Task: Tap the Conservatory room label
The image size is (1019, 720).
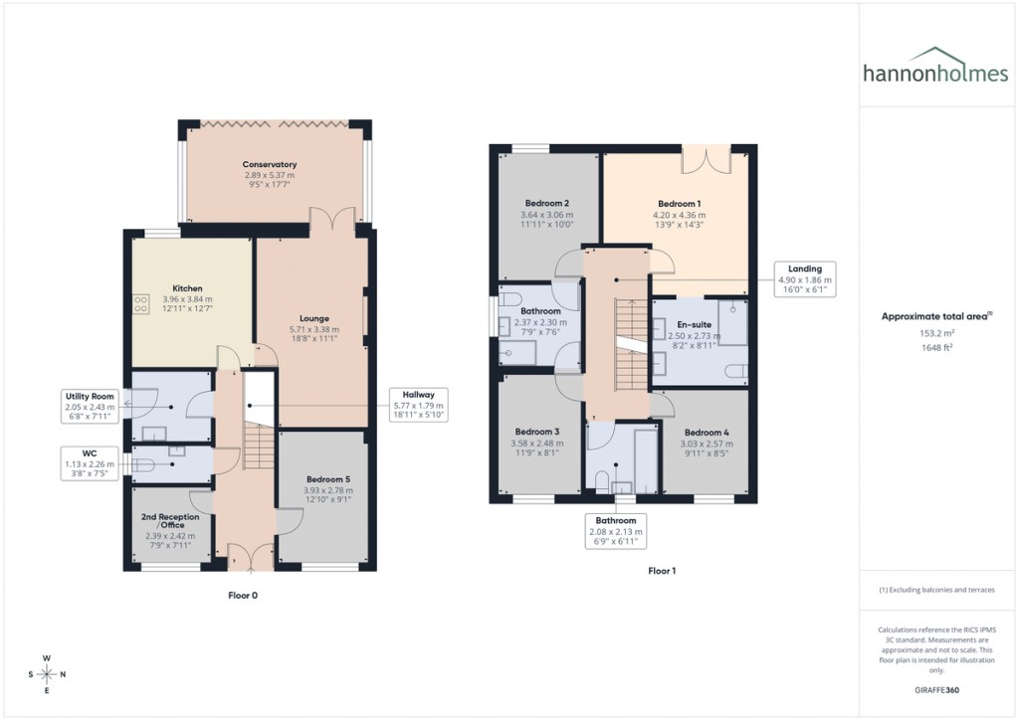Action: click(270, 165)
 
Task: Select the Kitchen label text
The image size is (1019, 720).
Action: click(187, 288)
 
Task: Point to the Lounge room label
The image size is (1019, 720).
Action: click(314, 319)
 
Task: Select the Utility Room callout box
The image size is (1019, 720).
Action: click(91, 406)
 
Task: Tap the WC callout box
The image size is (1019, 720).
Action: click(91, 462)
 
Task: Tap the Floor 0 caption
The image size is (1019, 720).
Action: click(243, 595)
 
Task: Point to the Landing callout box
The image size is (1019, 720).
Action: click(805, 279)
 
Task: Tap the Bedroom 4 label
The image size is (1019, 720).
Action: click(707, 433)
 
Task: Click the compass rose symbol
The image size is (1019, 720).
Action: click(46, 674)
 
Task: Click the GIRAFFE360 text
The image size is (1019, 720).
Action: click(936, 689)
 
